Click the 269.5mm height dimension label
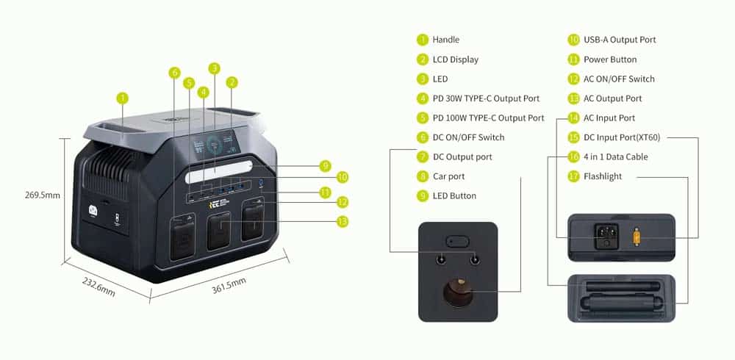coord(42,195)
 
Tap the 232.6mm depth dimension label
coord(98,287)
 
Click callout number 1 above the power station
coord(122,98)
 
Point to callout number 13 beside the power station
coord(343,221)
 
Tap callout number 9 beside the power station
coord(325,166)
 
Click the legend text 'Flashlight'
coord(603,176)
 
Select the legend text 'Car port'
coord(448,176)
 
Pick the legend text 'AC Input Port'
coord(609,118)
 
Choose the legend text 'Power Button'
coord(610,60)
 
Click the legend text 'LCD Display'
coord(456,60)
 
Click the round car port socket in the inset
coord(457,292)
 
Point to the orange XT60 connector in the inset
coord(637,237)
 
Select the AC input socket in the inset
coord(606,236)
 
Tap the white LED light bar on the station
coord(219,172)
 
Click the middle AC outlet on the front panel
coord(219,231)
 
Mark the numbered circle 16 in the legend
coord(574,156)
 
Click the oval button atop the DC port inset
coord(457,242)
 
